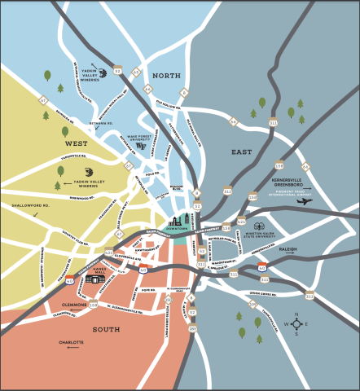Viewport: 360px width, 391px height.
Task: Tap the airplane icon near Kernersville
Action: (x=304, y=200)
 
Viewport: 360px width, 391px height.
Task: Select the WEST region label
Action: (x=53, y=143)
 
